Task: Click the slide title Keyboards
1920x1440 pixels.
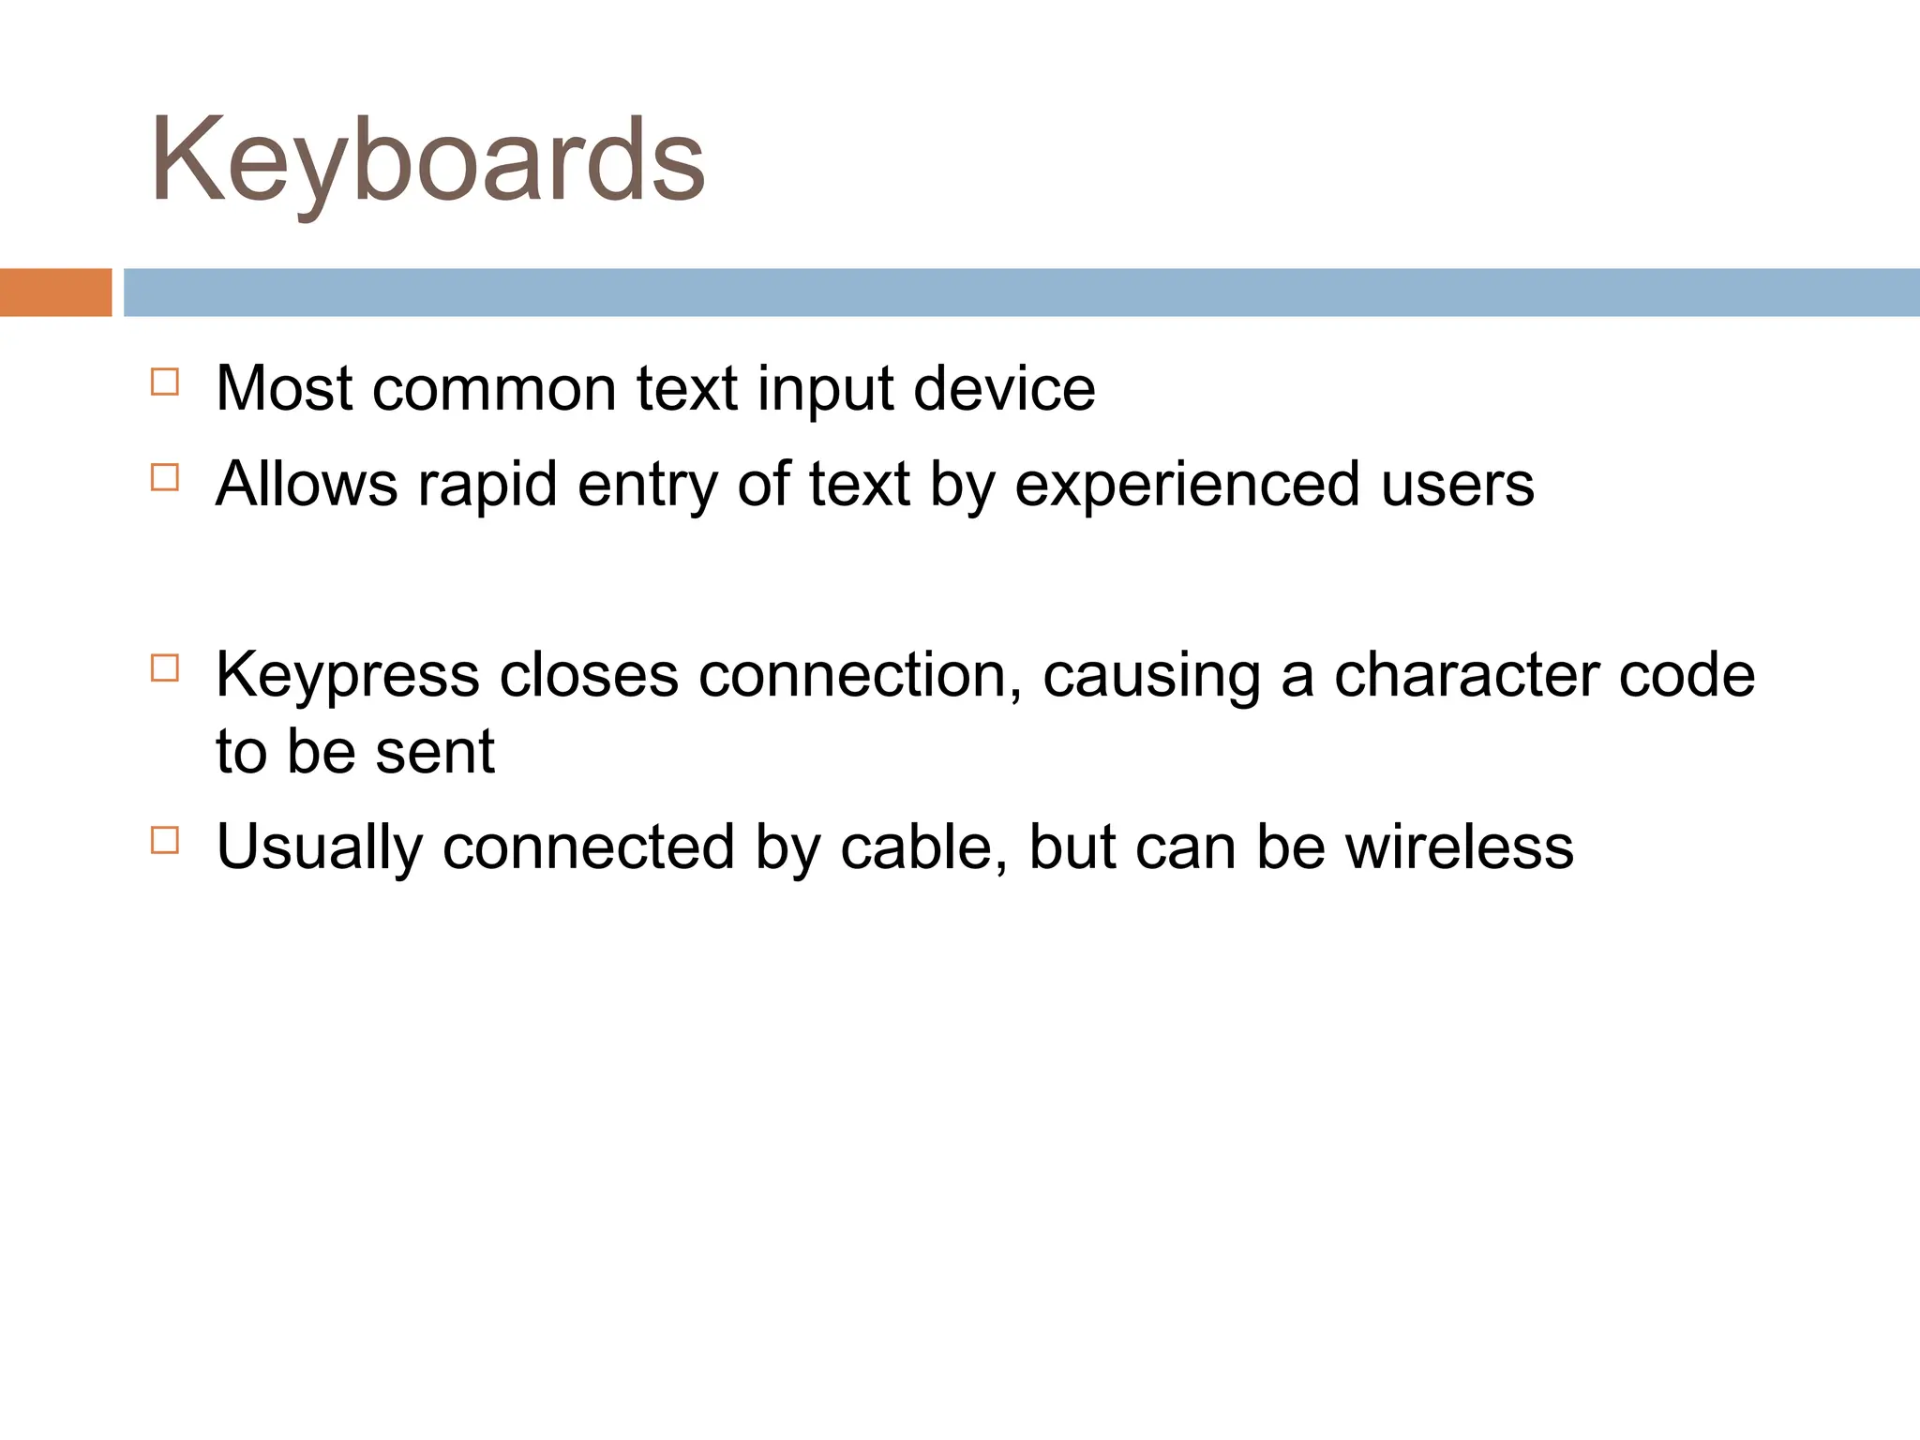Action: point(427,161)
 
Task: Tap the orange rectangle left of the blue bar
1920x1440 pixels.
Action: point(55,292)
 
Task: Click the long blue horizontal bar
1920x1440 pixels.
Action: point(1021,292)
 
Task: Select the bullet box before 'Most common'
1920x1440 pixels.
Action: point(165,382)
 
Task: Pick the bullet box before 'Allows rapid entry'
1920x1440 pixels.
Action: point(165,478)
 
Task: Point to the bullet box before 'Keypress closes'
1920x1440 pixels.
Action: point(165,668)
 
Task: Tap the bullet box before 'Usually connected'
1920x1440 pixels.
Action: point(165,840)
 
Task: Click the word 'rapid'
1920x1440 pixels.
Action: point(487,486)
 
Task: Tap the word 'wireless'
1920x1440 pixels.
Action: point(1459,847)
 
